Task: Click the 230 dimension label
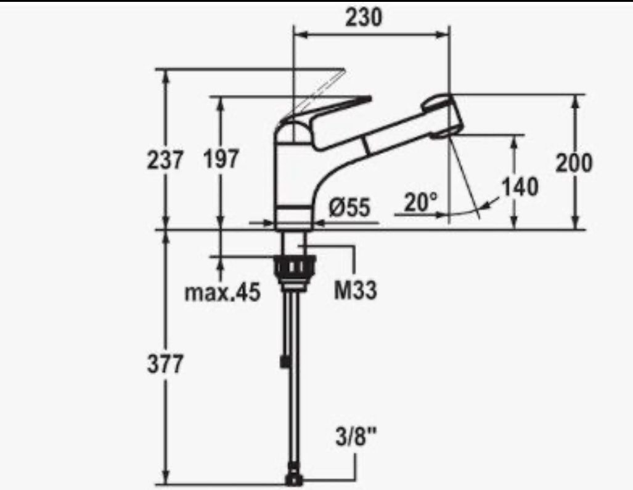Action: tap(363, 17)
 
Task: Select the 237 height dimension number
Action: tap(165, 159)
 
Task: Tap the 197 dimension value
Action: tap(221, 158)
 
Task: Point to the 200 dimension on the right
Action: tap(574, 163)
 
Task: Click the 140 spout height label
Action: tap(520, 187)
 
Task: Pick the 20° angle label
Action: tap(420, 202)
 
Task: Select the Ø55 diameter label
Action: tap(349, 207)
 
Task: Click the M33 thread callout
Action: tap(355, 290)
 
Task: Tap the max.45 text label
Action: tap(223, 292)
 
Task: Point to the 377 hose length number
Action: tap(165, 364)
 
